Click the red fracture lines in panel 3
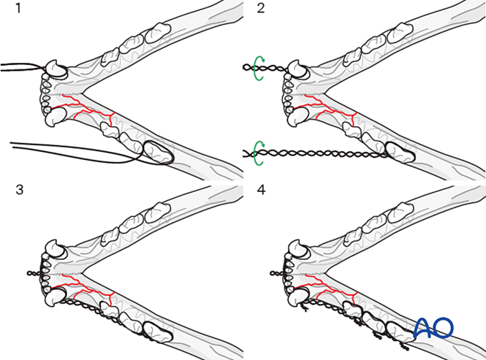[87, 291]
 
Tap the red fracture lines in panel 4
[328, 291]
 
